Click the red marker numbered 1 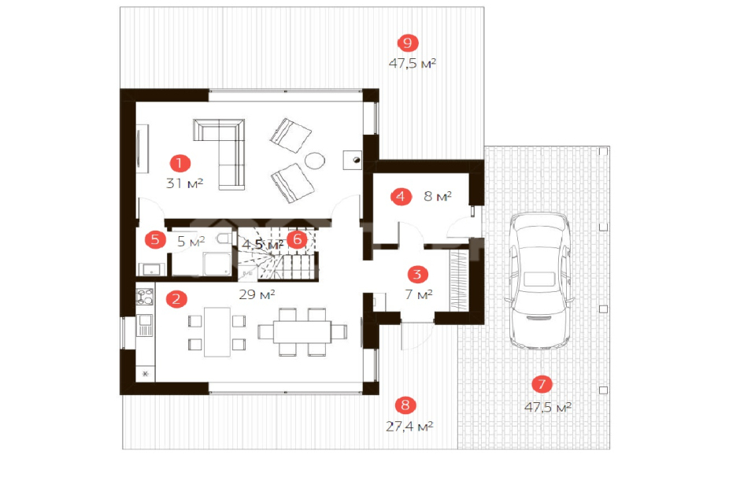click(180, 163)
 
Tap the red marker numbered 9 click(408, 43)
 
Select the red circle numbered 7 click(542, 384)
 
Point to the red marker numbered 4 click(401, 197)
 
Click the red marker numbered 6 click(298, 239)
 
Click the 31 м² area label click(184, 183)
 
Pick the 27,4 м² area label click(409, 426)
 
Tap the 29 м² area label click(257, 294)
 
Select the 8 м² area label click(438, 196)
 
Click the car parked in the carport click(540, 280)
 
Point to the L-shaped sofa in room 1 click(220, 154)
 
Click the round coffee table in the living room click(315, 161)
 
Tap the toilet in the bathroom click(224, 238)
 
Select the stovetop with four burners click(144, 297)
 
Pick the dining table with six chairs click(302, 332)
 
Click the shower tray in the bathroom click(216, 264)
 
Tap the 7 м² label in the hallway click(419, 294)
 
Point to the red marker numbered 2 click(176, 298)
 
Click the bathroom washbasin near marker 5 click(151, 269)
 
